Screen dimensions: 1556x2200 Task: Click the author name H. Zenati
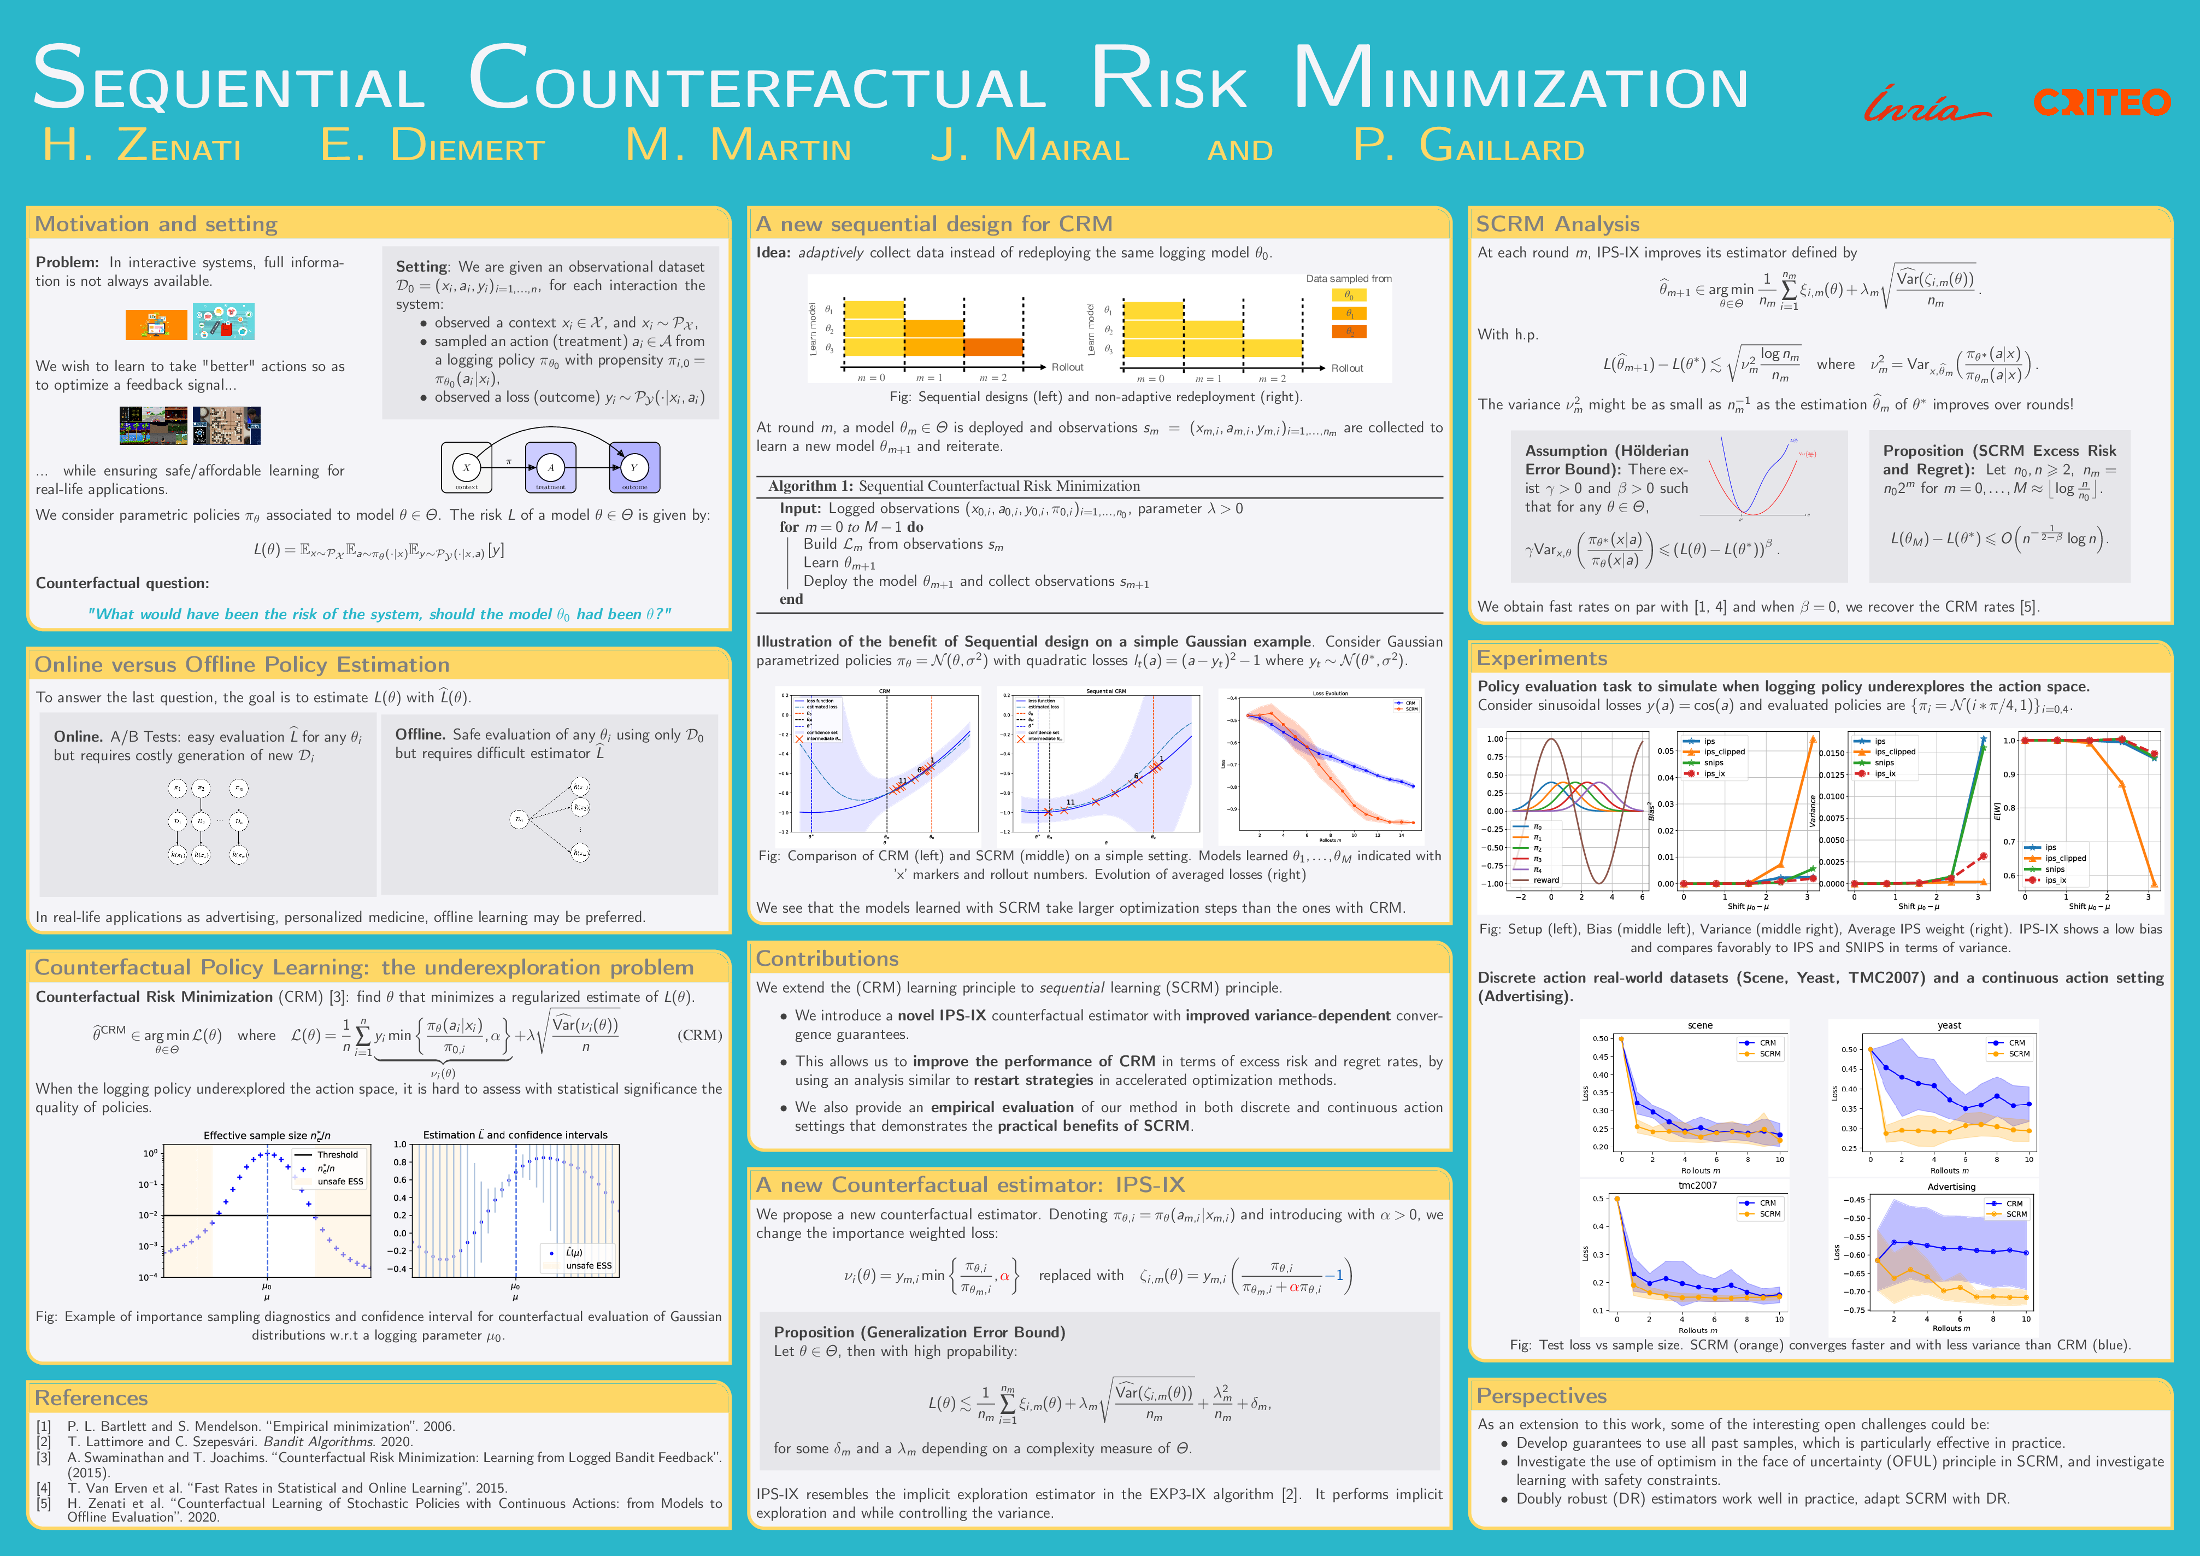coord(142,145)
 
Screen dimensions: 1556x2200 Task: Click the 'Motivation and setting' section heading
coord(156,224)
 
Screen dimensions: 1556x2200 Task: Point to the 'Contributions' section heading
coord(827,958)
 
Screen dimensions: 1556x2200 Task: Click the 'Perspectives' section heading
coord(1541,1396)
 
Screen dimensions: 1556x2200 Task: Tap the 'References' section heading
coord(91,1398)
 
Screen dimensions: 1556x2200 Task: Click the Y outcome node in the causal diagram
coord(633,468)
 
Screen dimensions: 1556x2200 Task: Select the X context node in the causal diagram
coord(467,468)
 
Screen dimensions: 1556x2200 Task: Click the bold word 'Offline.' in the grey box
coord(420,734)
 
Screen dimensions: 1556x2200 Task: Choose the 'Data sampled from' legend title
coord(1348,279)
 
